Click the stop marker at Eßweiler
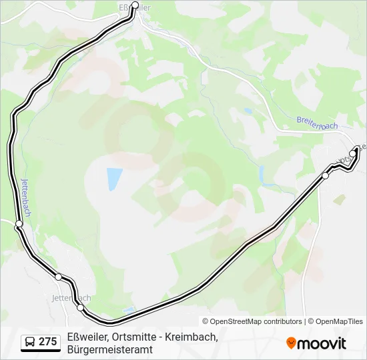(x=135, y=5)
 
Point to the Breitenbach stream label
(x=318, y=123)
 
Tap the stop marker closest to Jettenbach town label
(x=81, y=307)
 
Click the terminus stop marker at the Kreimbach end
(x=353, y=153)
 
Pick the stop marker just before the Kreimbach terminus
(x=326, y=175)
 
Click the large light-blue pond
(x=114, y=179)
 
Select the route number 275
(x=47, y=342)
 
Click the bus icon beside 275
(x=30, y=342)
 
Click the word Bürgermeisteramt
(x=110, y=349)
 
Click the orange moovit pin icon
(x=291, y=343)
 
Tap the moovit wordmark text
(x=322, y=343)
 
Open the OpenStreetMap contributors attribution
(x=252, y=321)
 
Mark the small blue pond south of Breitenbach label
(x=248, y=111)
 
